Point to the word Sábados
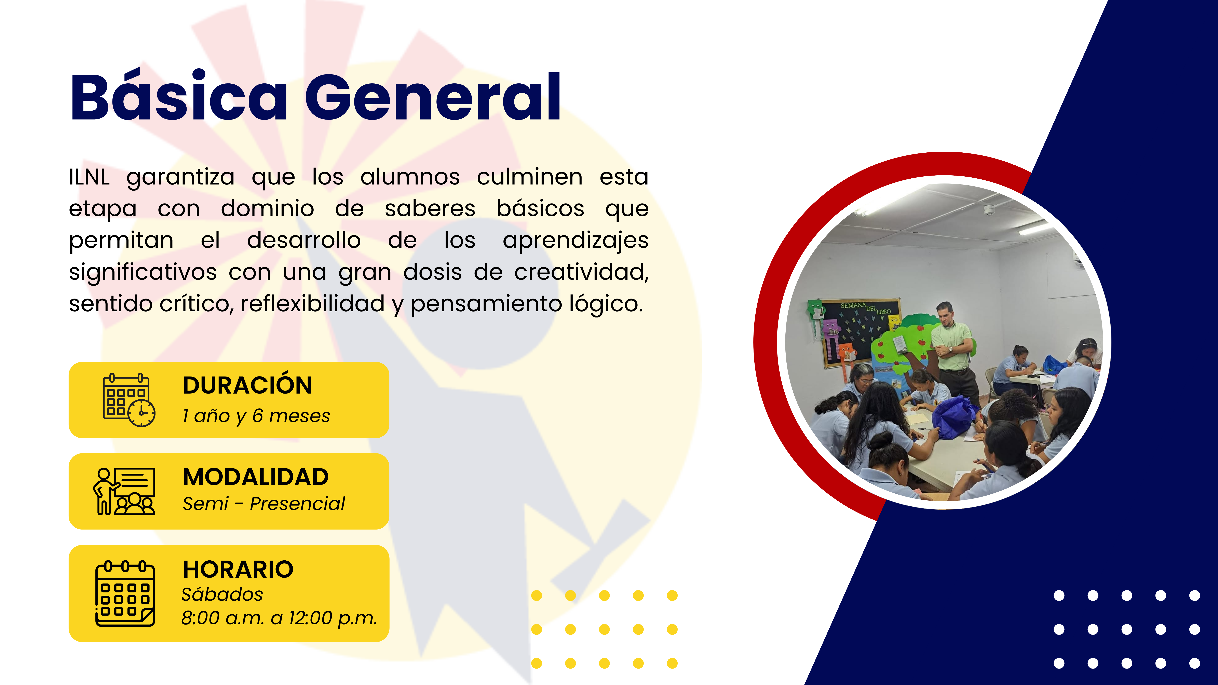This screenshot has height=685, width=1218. point(222,594)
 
